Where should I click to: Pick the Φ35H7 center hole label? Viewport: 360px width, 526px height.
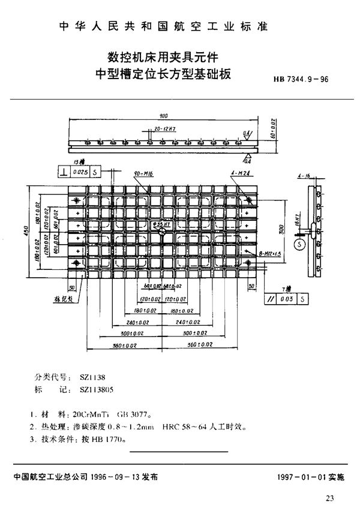(x=163, y=224)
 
